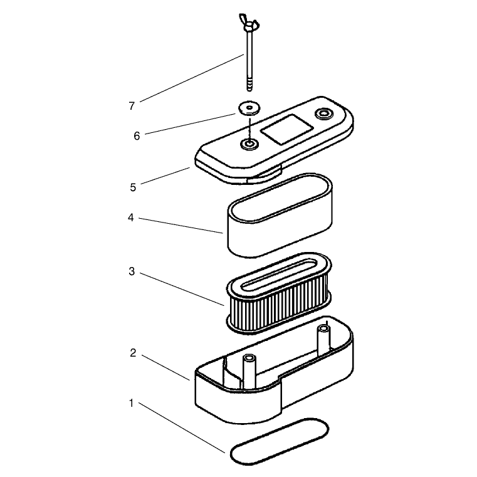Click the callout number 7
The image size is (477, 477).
click(132, 106)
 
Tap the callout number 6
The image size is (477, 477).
click(137, 135)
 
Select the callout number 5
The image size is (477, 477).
click(133, 187)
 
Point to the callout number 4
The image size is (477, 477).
click(131, 218)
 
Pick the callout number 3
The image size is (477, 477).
click(132, 271)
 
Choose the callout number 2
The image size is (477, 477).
click(133, 353)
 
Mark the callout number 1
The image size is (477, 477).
click(132, 403)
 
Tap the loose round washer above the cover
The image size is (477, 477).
click(249, 108)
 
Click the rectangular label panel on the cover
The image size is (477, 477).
click(287, 129)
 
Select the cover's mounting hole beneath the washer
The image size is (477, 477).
click(249, 144)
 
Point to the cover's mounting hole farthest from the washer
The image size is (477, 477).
click(324, 114)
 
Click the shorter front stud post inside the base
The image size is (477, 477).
click(249, 371)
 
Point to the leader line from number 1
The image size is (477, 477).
click(182, 427)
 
